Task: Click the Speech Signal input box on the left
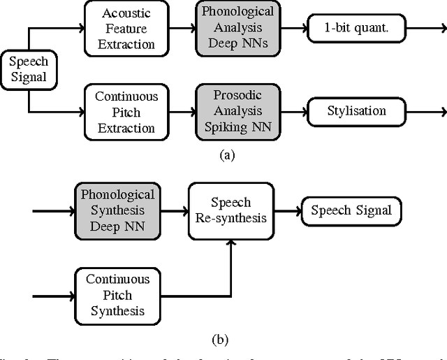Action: (29, 69)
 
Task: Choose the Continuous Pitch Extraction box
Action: (126, 112)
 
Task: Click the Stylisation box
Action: (356, 111)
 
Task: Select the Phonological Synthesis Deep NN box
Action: (117, 210)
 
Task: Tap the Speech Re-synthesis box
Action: (230, 210)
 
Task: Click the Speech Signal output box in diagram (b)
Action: (351, 210)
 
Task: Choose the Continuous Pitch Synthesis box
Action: (117, 294)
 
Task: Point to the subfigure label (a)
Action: (226, 155)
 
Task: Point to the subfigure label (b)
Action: (219, 340)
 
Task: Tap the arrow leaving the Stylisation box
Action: (427, 111)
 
